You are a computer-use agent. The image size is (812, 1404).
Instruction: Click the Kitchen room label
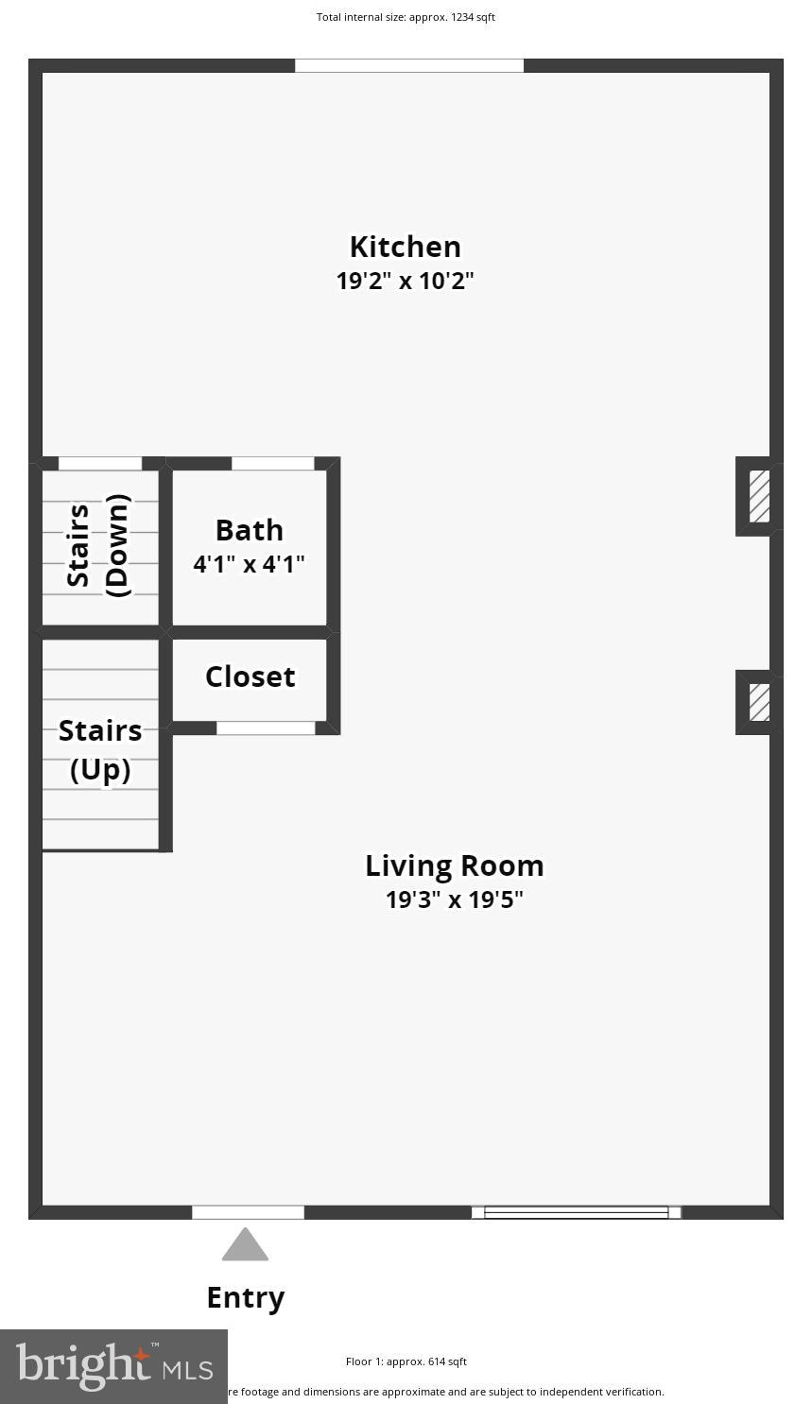pyautogui.click(x=405, y=247)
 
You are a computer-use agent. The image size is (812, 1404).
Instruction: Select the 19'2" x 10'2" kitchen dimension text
pyautogui.click(x=405, y=281)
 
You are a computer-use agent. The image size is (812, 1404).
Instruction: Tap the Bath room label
pyautogui.click(x=249, y=530)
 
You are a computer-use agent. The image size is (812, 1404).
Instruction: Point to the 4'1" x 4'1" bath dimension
pyautogui.click(x=249, y=564)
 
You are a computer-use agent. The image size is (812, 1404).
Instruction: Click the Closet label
pyautogui.click(x=250, y=676)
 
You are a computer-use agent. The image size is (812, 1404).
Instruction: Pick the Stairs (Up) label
pyautogui.click(x=100, y=750)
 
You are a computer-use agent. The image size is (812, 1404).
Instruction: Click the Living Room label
pyautogui.click(x=454, y=865)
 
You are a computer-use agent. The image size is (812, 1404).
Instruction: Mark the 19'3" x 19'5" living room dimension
pyautogui.click(x=454, y=899)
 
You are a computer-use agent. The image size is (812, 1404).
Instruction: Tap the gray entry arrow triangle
pyautogui.click(x=245, y=1245)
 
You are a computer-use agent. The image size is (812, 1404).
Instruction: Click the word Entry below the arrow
pyautogui.click(x=245, y=1297)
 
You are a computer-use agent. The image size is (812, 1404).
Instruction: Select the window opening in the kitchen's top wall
pyautogui.click(x=409, y=65)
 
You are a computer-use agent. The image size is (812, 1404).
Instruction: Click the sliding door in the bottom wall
pyautogui.click(x=576, y=1212)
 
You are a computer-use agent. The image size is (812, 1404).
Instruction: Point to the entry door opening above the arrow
pyautogui.click(x=248, y=1212)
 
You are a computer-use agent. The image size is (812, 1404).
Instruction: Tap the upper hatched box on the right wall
pyautogui.click(x=759, y=496)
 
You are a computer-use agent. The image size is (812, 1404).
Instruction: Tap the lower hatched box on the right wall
pyautogui.click(x=759, y=703)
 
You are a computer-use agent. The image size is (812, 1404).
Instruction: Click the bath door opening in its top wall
pyautogui.click(x=272, y=463)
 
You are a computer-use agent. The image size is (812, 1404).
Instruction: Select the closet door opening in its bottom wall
pyautogui.click(x=266, y=728)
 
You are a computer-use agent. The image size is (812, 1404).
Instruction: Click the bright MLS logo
pyautogui.click(x=113, y=1366)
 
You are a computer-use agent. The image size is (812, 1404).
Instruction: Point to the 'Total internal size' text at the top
pyautogui.click(x=406, y=17)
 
